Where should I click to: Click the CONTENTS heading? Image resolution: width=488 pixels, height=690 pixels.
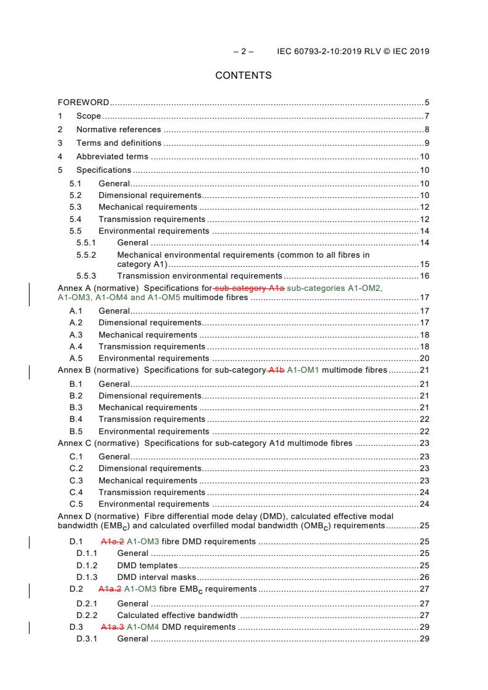243,76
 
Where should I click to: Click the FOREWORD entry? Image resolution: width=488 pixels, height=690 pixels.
84,103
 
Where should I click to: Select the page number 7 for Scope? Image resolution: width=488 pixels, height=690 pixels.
426,116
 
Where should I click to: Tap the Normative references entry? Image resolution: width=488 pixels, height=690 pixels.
118,130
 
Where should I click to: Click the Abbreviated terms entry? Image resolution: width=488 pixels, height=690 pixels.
112,157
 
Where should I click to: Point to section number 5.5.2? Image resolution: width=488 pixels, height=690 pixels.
86,255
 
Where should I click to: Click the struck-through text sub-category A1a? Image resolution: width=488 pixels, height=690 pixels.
249,288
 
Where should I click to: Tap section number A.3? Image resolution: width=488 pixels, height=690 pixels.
76,335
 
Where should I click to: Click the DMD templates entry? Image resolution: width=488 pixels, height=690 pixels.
147,565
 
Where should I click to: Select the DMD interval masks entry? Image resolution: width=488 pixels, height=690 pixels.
156,577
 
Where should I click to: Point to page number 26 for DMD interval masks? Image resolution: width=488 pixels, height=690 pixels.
424,577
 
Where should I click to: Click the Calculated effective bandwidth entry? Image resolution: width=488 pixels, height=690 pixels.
177,615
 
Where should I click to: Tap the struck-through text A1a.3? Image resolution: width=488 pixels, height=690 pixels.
113,627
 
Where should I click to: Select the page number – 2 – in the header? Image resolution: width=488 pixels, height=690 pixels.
243,52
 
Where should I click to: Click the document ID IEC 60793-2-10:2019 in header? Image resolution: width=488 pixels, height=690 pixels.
322,52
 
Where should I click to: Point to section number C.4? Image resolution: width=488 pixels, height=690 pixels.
76,493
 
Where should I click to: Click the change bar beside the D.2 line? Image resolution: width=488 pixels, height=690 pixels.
30,590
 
